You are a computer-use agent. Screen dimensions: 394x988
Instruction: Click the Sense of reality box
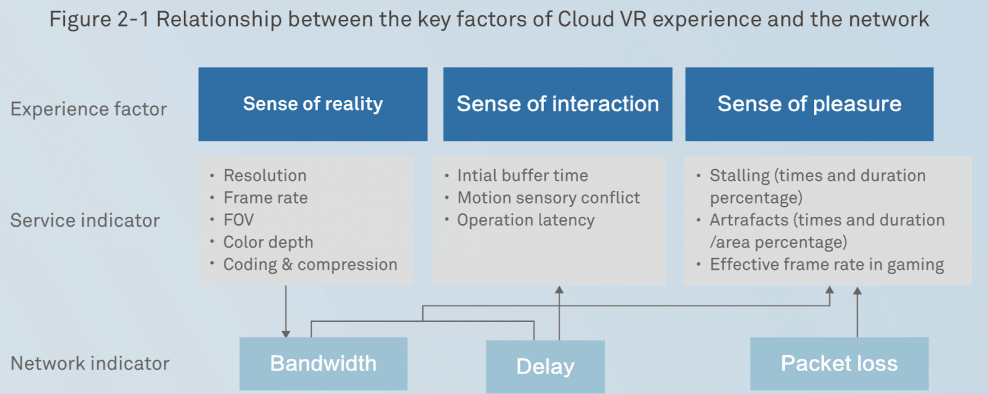pyautogui.click(x=312, y=104)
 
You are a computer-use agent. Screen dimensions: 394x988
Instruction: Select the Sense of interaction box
pyautogui.click(x=557, y=104)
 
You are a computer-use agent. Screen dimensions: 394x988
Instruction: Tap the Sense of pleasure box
pyautogui.click(x=809, y=104)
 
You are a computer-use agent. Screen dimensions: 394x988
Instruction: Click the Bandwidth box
pyautogui.click(x=323, y=364)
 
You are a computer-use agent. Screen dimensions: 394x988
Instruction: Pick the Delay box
pyautogui.click(x=545, y=367)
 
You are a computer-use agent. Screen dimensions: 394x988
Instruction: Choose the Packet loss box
pyautogui.click(x=839, y=364)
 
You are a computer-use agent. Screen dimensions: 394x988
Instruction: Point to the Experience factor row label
pyautogui.click(x=88, y=109)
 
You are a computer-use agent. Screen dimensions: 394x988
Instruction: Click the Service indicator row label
pyautogui.click(x=85, y=220)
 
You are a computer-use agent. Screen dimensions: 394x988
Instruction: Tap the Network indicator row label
pyautogui.click(x=90, y=364)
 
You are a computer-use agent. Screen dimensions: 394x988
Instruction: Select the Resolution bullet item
pyautogui.click(x=264, y=175)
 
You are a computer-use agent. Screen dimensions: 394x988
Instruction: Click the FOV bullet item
pyautogui.click(x=238, y=220)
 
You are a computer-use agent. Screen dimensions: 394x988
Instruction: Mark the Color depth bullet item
pyautogui.click(x=268, y=242)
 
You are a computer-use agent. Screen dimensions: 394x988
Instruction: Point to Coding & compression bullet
pyautogui.click(x=310, y=264)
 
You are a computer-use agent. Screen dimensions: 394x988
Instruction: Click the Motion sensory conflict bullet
pyautogui.click(x=548, y=198)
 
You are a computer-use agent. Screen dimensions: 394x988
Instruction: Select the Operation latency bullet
pyautogui.click(x=525, y=220)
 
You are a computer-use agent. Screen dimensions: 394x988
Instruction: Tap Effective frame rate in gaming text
pyautogui.click(x=826, y=264)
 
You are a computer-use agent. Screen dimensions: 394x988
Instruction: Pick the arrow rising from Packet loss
pyautogui.click(x=857, y=312)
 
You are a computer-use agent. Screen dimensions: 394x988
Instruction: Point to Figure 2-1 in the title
pyautogui.click(x=99, y=19)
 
